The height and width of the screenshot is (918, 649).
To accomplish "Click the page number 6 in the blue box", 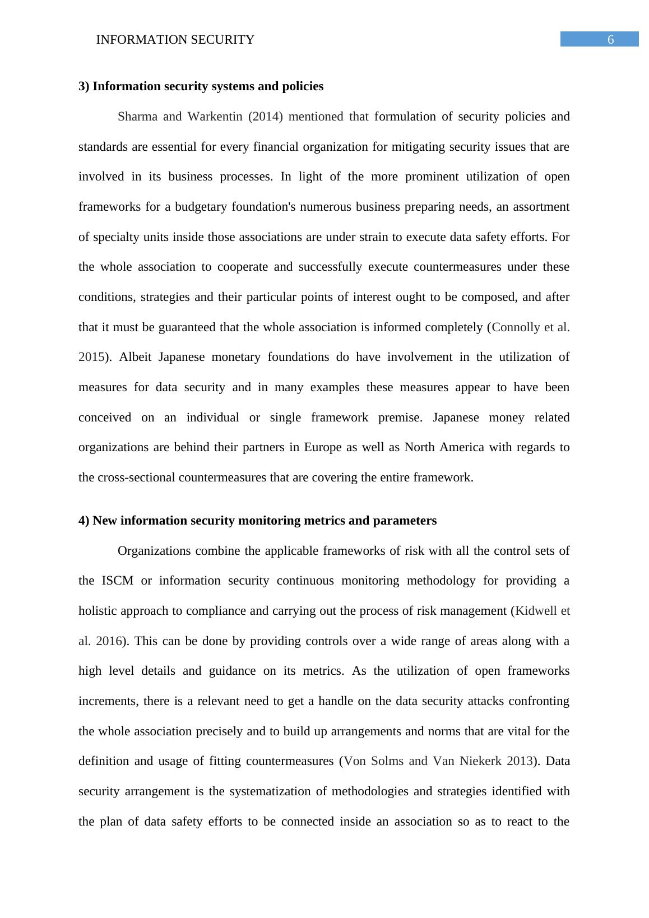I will pos(610,39).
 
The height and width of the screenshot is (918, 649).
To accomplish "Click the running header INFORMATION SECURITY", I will pos(175,40).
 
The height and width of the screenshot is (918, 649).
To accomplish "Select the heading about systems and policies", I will pos(201,86).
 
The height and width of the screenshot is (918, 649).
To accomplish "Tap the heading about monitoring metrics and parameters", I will pos(257,521).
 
